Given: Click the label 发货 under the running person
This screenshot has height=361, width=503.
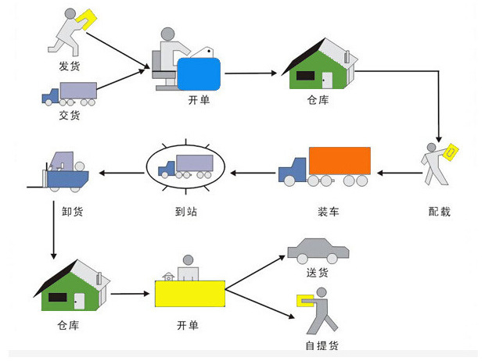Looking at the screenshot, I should coord(70,66).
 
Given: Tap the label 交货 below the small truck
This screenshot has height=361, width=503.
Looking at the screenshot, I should coord(70,116).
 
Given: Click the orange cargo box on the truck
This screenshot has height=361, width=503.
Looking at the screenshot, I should coord(338,161).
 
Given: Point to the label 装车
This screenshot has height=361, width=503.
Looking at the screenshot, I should coord(328,211).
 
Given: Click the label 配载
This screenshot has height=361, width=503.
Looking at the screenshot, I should coord(440,211).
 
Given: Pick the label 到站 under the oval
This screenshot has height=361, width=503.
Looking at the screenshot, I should coord(185,211).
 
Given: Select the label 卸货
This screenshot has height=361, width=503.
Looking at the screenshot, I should coord(73,211).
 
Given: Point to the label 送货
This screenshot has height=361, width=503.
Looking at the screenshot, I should coord(318,272).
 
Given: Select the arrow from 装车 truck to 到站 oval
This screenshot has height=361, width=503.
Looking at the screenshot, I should coord(251,173).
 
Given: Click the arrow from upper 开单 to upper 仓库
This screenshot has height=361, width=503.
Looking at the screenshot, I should coord(251,74).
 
